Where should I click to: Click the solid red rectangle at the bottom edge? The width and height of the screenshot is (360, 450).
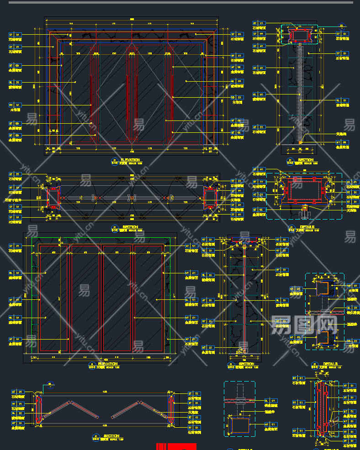pos(176,446)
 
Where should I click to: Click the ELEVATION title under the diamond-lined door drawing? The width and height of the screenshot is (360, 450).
pos(130,160)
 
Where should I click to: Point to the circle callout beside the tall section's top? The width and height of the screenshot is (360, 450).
pos(340,26)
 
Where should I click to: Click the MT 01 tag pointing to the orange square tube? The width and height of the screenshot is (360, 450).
pos(271,425)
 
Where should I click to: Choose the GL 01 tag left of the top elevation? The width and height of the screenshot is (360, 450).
pos(15,83)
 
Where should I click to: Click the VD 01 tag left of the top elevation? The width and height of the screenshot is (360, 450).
pos(15,105)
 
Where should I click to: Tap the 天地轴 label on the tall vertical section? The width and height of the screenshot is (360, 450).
pos(341,134)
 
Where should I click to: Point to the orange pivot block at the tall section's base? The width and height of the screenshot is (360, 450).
pos(300,142)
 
